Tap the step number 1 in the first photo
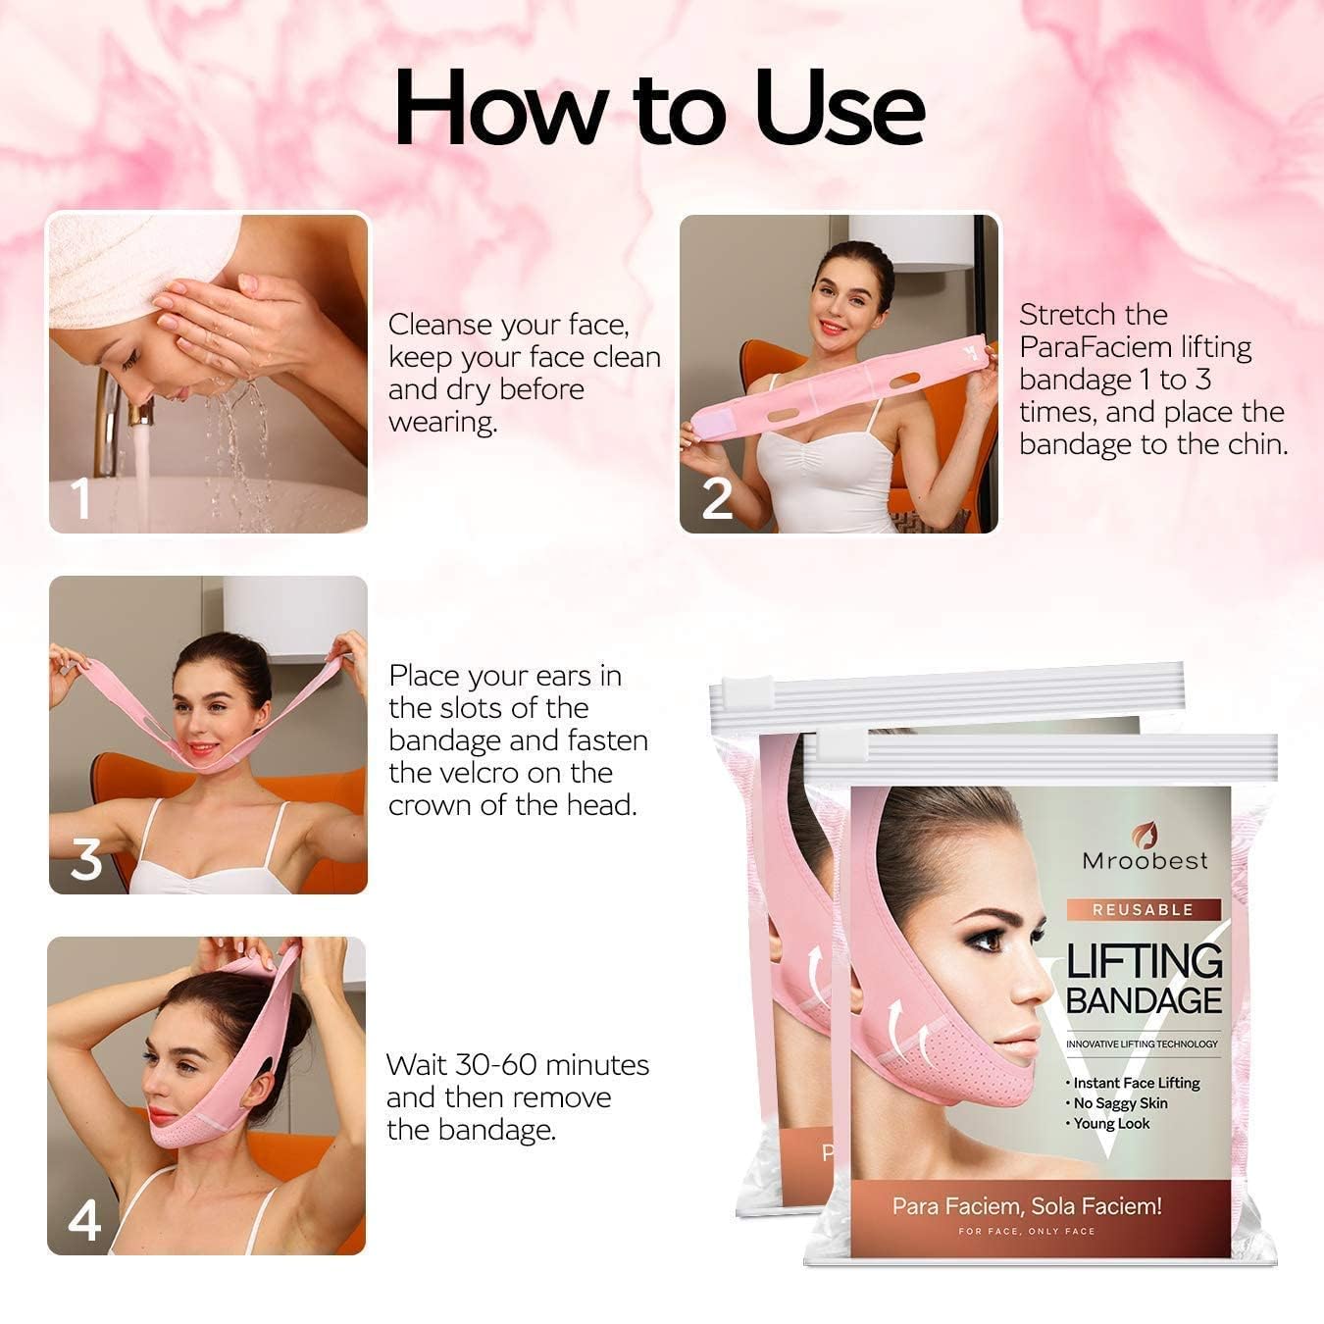[81, 497]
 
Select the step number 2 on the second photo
[717, 498]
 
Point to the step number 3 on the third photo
[86, 859]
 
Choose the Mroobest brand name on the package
[1145, 861]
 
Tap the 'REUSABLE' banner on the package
[1143, 909]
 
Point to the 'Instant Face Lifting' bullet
[1136, 1083]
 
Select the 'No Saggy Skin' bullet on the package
[1119, 1103]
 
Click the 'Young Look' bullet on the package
[1110, 1124]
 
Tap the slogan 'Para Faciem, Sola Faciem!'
[1026, 1206]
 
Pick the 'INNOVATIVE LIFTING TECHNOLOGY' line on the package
[1142, 1044]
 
